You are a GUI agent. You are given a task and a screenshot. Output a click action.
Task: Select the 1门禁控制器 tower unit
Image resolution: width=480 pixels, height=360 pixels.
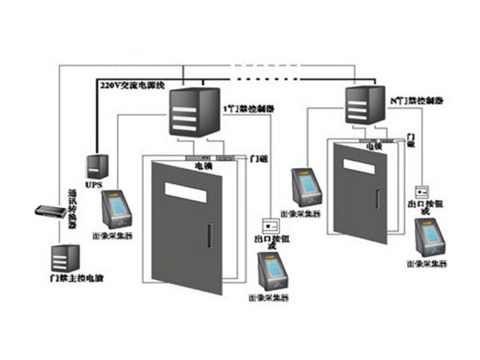(x=194, y=111)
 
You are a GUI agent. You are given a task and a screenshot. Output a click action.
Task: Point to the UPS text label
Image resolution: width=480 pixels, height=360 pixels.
(x=95, y=183)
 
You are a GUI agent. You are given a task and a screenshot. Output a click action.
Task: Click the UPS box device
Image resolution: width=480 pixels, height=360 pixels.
(x=97, y=165)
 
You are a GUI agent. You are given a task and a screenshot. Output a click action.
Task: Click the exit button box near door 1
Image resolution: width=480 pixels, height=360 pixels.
(x=270, y=224)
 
